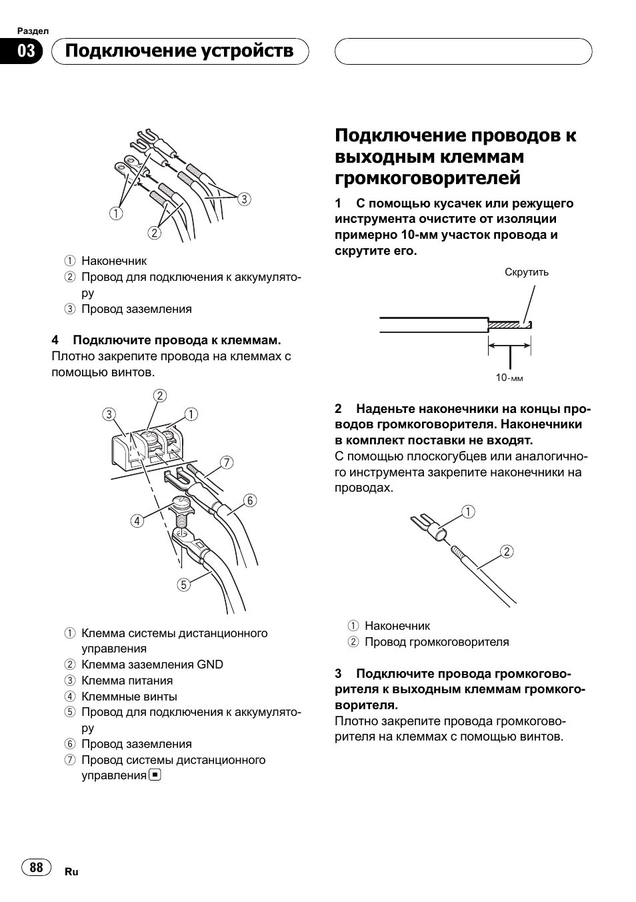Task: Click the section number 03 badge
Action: [26, 51]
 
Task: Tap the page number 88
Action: [37, 867]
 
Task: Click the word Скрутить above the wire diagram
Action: [527, 272]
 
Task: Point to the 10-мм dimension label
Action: [509, 378]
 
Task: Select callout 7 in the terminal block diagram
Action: [227, 462]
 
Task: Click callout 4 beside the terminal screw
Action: [137, 520]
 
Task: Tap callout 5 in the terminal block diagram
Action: [183, 585]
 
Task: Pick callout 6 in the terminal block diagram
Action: [250, 500]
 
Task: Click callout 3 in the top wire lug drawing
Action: [244, 199]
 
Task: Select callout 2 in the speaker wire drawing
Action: [507, 551]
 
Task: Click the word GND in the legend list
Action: [210, 664]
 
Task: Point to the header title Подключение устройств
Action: [180, 51]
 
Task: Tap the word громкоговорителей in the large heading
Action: [427, 178]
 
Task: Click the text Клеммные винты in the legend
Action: [129, 697]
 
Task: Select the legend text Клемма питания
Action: [127, 681]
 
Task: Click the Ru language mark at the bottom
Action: [72, 872]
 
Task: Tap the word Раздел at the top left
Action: [33, 31]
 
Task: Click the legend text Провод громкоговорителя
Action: [437, 642]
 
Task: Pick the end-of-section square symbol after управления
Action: [155, 775]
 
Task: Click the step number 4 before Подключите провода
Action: [55, 340]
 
